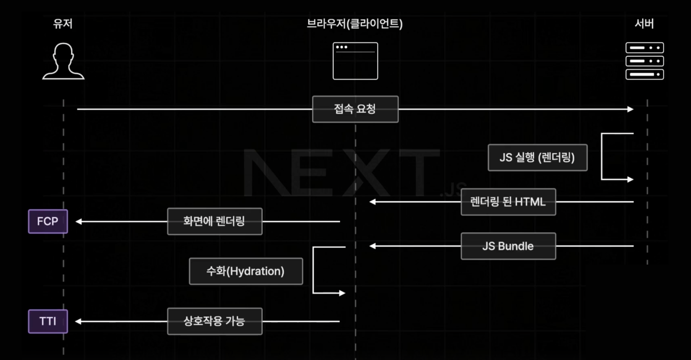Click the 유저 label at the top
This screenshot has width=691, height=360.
pos(63,24)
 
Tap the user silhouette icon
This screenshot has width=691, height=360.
pos(63,61)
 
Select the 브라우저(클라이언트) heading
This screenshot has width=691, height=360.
pos(354,24)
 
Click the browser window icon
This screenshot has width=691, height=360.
pos(355,61)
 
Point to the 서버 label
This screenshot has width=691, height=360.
pos(644,24)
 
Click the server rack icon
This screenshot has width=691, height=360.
pos(644,61)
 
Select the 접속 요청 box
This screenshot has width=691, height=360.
pos(355,109)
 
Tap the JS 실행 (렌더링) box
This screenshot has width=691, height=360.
pos(537,157)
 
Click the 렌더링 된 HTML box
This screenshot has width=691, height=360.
pos(508,202)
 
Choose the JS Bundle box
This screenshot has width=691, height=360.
pos(508,246)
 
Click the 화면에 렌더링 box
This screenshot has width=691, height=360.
pos(214,221)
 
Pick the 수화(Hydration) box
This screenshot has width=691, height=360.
pos(246,271)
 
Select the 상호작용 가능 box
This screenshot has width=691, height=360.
pos(214,321)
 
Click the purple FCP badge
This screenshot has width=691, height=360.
pos(48,221)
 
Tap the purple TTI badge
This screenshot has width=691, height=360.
pos(48,321)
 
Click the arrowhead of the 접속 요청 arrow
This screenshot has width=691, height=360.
pos(630,109)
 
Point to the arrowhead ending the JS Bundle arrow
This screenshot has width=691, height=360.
pos(372,246)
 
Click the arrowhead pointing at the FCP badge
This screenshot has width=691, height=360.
pos(78,221)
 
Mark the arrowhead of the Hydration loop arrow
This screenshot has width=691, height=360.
pos(342,293)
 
